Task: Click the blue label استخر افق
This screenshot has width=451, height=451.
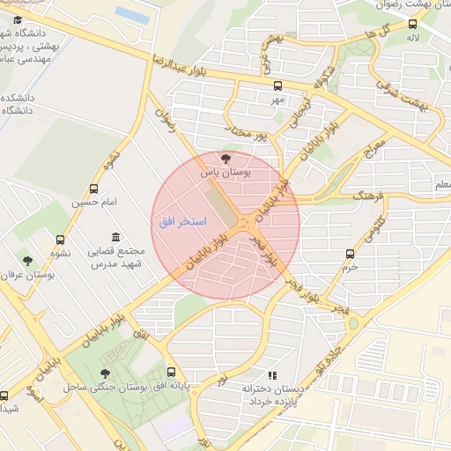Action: (x=182, y=222)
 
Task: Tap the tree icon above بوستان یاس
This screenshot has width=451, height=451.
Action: (x=226, y=159)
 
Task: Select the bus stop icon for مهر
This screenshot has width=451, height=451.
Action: (x=278, y=85)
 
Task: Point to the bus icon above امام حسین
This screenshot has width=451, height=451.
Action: (x=94, y=189)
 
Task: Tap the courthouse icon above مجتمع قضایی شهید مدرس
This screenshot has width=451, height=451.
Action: (x=115, y=237)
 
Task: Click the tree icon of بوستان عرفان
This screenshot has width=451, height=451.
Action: (x=27, y=261)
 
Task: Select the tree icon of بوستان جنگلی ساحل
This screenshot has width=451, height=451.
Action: (x=106, y=373)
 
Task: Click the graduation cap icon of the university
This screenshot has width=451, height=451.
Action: (x=18, y=19)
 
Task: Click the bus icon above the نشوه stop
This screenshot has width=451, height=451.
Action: (x=60, y=240)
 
